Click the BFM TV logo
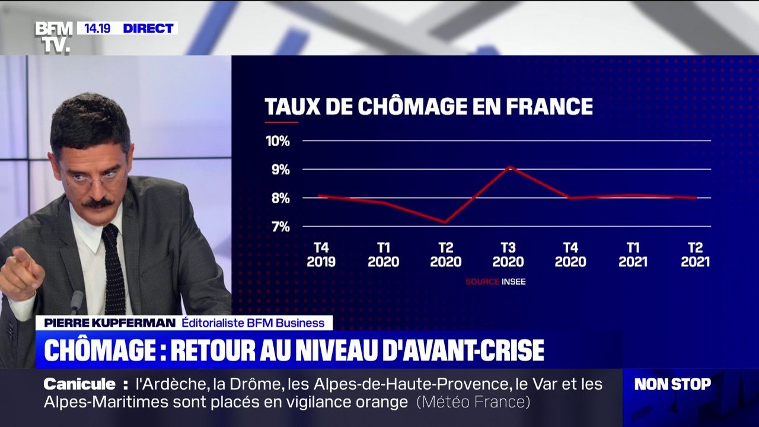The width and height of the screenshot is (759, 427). [53, 37]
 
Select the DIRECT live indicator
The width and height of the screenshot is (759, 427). [148, 28]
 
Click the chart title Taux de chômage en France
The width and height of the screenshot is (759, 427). [428, 106]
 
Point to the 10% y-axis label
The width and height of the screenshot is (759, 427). [278, 141]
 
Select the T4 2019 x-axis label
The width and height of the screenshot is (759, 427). [321, 254]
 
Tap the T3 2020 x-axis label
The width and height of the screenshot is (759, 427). [508, 254]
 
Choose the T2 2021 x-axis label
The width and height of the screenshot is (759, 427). [695, 254]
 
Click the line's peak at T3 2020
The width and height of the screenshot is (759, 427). [509, 167]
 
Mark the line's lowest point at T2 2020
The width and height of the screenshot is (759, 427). [445, 222]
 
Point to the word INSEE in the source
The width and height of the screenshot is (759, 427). [514, 282]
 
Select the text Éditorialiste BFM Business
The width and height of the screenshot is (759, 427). [253, 323]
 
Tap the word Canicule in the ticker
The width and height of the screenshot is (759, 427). [79, 384]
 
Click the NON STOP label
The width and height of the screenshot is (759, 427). [672, 384]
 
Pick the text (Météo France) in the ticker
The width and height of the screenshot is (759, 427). [473, 402]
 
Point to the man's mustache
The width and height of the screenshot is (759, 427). [97, 203]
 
